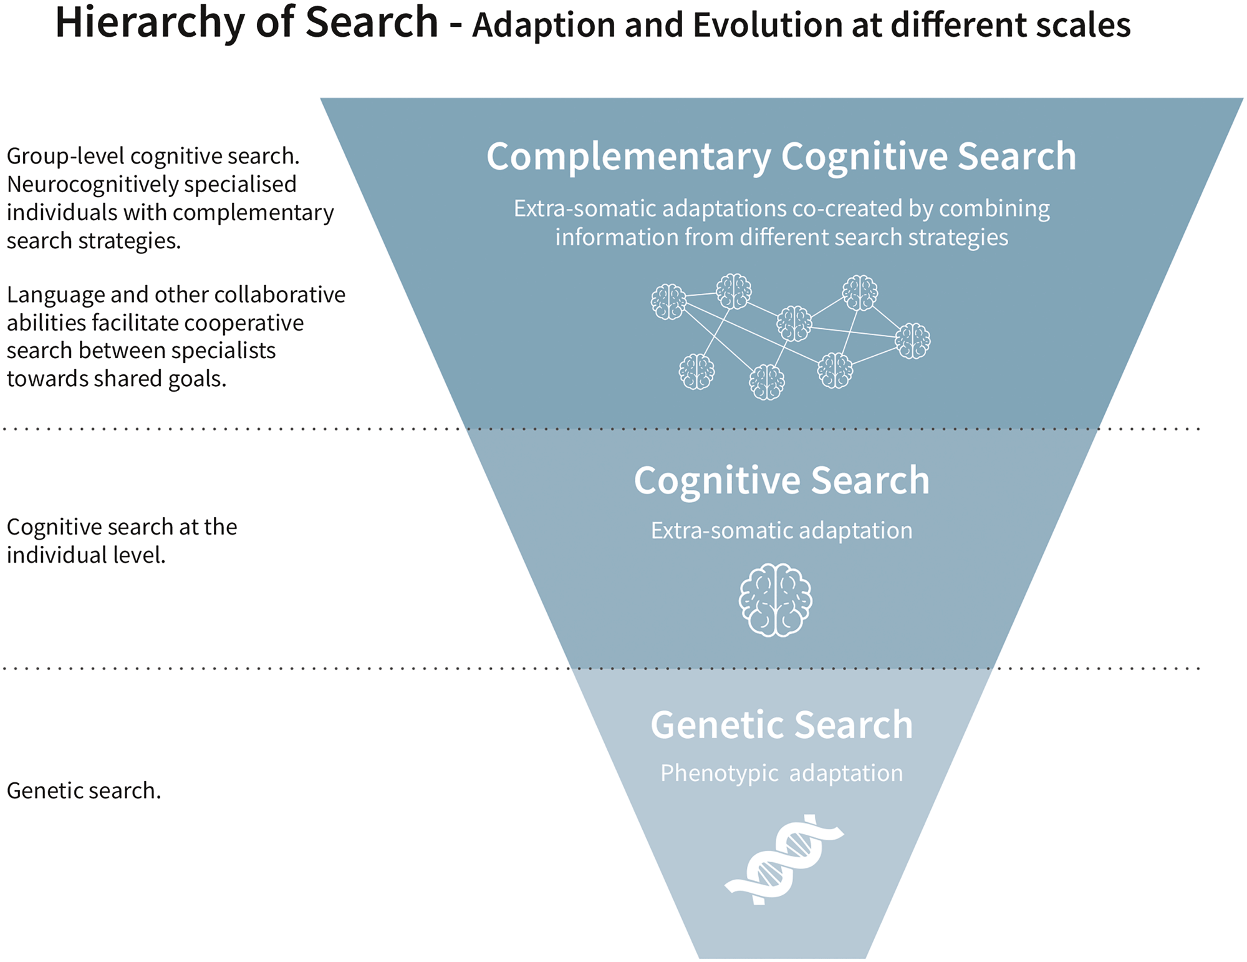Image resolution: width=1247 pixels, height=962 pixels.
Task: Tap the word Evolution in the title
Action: click(769, 26)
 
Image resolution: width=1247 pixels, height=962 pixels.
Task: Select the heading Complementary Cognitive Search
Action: click(781, 157)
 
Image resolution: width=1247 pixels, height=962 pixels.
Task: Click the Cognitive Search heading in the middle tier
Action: click(782, 480)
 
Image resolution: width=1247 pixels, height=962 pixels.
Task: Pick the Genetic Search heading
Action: click(782, 725)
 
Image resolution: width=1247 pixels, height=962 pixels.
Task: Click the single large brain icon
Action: click(776, 600)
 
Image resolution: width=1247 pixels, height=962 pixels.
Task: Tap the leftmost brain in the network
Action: click(669, 302)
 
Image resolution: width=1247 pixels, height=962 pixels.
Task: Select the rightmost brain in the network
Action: click(913, 341)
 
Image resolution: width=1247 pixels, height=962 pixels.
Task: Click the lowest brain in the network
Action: click(767, 382)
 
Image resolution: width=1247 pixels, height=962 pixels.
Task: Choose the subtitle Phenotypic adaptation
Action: click(782, 774)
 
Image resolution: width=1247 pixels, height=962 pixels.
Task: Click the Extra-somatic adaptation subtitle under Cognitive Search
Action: click(782, 530)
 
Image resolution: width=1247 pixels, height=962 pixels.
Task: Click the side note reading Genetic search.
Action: click(84, 791)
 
